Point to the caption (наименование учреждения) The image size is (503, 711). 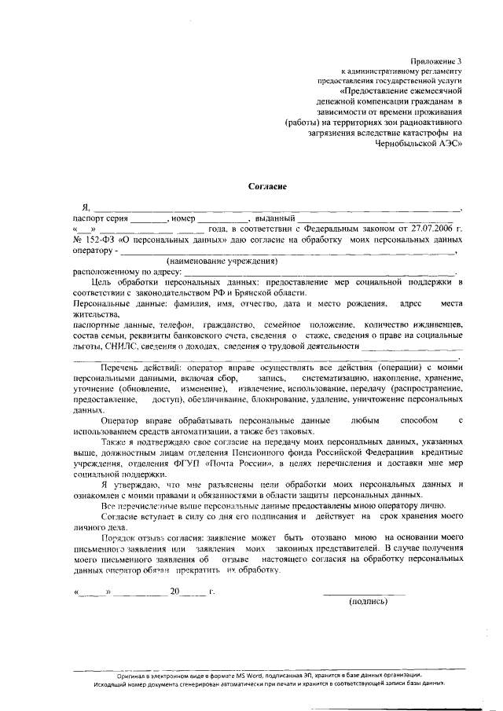(222, 260)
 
